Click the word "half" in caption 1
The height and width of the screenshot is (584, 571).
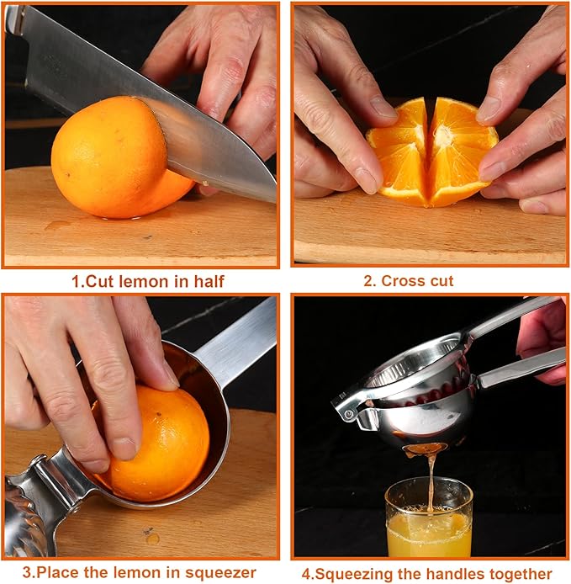(x=207, y=281)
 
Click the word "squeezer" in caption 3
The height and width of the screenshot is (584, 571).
(x=221, y=573)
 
